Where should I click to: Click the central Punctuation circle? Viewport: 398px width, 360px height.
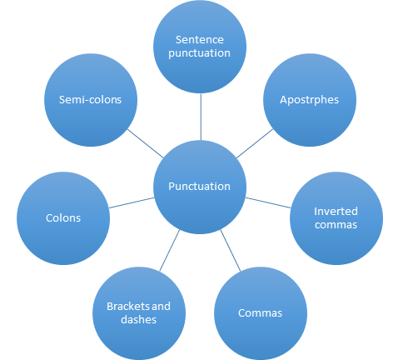point(200,187)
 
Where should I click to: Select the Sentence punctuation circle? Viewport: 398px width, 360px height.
point(200,47)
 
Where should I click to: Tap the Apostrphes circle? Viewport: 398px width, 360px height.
point(310,100)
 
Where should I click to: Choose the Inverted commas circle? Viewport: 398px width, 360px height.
point(336,218)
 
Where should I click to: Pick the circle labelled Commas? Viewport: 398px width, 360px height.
point(261,313)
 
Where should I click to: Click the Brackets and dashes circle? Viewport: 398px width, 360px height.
point(139,313)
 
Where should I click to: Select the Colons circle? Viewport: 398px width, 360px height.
point(63,218)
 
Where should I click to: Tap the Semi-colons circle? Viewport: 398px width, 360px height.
point(91,100)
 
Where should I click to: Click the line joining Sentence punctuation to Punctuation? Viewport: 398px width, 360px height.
point(201,117)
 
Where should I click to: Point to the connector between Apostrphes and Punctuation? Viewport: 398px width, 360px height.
point(255,143)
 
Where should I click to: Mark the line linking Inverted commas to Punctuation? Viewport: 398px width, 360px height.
point(268,202)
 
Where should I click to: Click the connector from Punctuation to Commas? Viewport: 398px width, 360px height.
point(231,250)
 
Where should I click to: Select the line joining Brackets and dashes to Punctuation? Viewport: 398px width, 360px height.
point(170,250)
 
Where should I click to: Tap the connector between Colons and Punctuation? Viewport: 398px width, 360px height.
point(132,202)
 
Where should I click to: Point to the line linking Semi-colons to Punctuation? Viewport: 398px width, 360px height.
point(145,143)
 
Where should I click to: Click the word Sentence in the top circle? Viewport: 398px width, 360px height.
point(200,40)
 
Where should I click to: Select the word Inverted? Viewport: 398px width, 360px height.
point(336,212)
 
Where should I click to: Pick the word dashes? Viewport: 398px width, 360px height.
point(139,320)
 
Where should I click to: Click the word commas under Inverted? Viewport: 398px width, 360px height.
point(336,225)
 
